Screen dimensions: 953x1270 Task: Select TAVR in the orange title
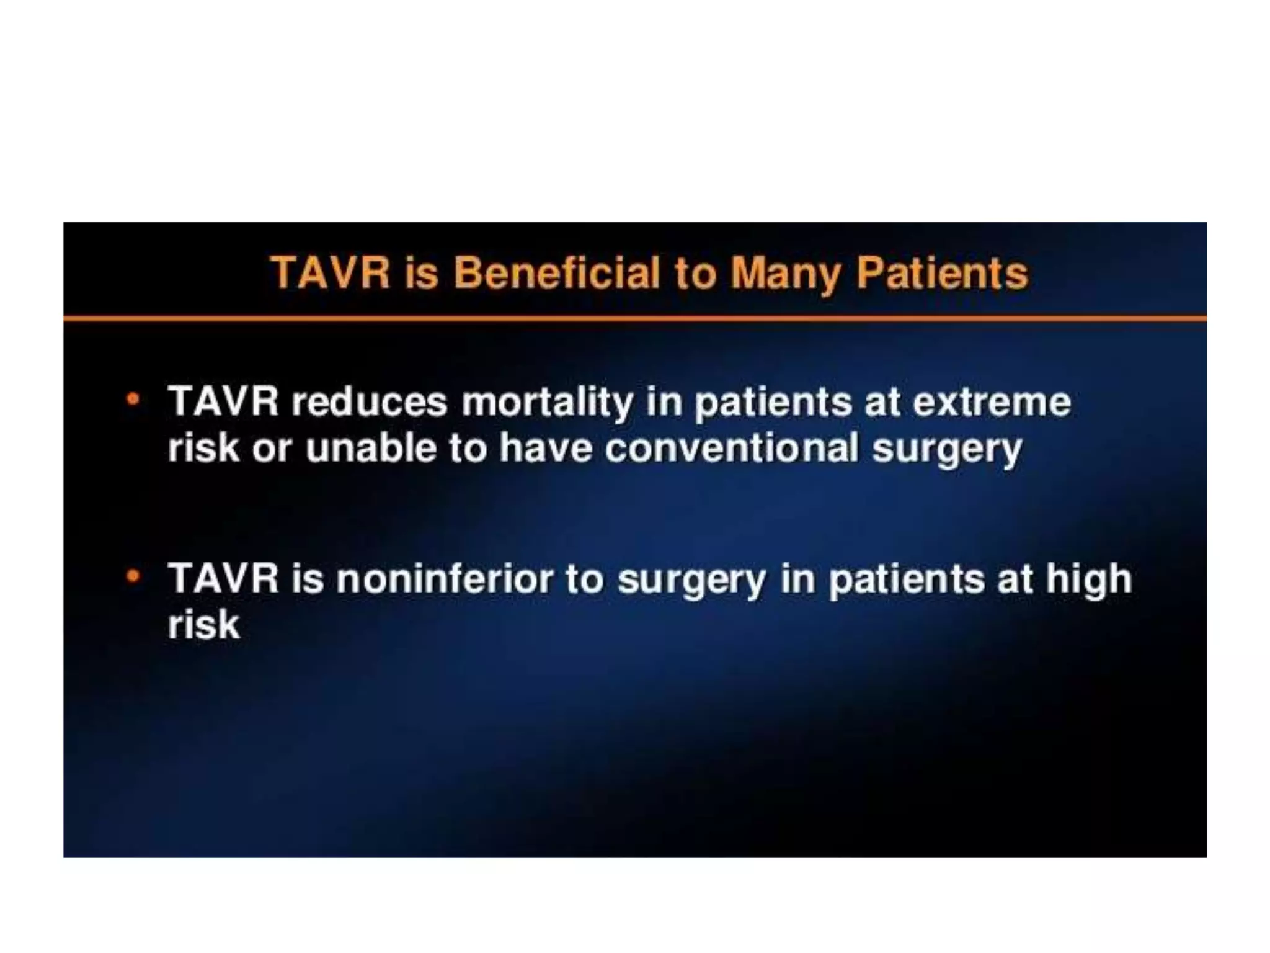tap(330, 274)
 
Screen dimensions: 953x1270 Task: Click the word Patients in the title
tap(942, 274)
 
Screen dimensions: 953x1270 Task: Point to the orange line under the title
tap(635, 319)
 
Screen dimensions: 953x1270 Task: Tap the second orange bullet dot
tap(133, 576)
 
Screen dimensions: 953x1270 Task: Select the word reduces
tap(369, 402)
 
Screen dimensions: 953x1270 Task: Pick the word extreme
tap(992, 402)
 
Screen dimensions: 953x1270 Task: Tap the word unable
tap(371, 448)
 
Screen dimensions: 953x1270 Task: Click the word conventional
tap(731, 448)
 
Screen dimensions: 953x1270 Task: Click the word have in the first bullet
tap(546, 448)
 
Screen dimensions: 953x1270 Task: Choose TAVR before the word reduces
tap(224, 402)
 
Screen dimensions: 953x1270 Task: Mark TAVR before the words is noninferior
tap(224, 579)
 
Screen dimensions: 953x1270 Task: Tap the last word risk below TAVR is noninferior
tap(203, 625)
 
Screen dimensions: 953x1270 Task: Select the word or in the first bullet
tap(272, 449)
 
